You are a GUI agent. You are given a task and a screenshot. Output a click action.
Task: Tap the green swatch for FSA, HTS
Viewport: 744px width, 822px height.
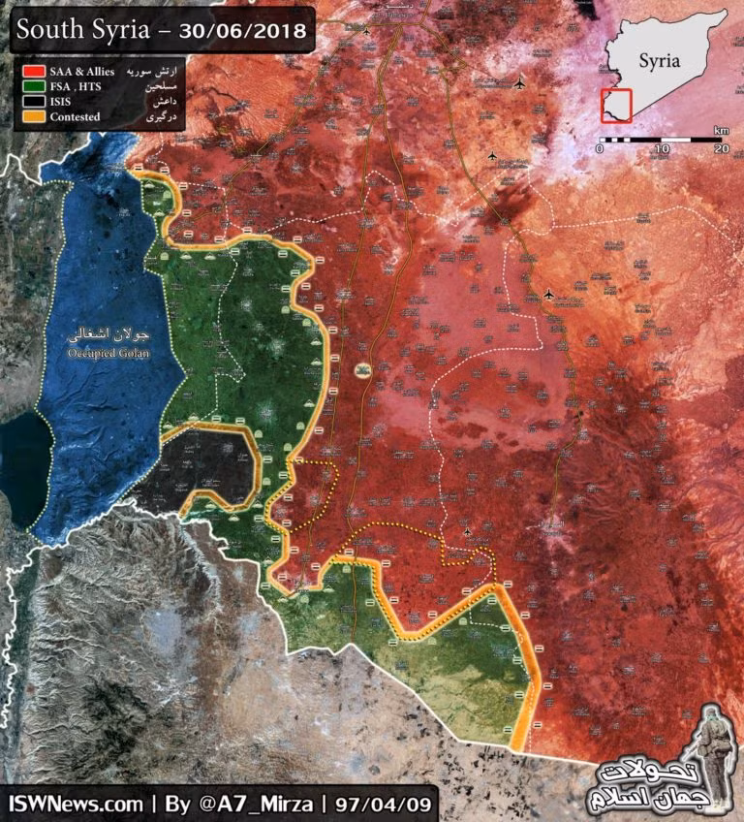[34, 87]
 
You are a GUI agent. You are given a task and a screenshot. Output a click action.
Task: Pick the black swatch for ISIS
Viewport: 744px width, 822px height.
[34, 102]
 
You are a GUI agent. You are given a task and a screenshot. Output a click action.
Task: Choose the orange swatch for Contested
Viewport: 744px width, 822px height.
[34, 115]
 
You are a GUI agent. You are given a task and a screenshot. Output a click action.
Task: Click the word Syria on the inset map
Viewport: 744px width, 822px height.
[659, 61]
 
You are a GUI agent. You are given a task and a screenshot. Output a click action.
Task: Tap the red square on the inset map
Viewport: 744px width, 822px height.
[616, 105]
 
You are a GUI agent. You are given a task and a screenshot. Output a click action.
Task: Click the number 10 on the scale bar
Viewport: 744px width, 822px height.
[661, 148]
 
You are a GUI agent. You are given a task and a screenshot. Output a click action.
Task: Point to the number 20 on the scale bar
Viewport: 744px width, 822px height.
[720, 148]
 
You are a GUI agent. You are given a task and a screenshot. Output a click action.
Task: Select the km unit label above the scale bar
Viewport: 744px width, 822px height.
[721, 129]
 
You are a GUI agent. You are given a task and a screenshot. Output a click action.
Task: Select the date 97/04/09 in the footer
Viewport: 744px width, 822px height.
[386, 804]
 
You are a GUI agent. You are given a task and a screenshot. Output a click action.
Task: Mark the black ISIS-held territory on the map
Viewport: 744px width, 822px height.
[208, 465]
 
